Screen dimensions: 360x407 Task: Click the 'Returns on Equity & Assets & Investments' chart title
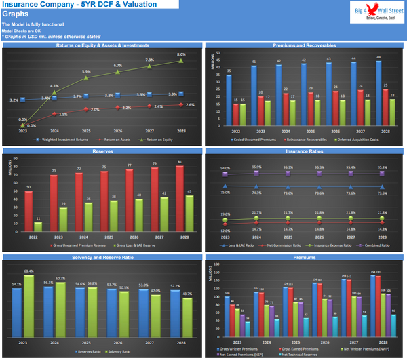pos(102,45)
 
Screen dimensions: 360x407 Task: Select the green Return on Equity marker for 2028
pos(181,60)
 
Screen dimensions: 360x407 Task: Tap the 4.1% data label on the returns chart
pos(54,86)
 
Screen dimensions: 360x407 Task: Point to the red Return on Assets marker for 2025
pos(86,111)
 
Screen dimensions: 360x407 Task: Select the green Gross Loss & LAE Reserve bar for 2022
pos(38,227)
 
